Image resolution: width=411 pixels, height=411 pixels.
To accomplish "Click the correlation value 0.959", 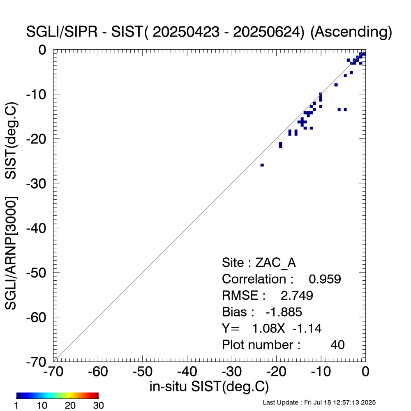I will (325, 279).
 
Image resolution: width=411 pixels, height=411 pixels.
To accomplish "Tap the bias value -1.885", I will (284, 312).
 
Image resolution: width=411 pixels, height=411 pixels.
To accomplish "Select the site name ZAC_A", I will (276, 263).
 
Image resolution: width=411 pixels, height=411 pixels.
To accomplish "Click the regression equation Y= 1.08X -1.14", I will (271, 328).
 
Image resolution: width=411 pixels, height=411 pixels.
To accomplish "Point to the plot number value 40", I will (337, 345).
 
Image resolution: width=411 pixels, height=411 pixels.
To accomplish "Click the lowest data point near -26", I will (262, 165).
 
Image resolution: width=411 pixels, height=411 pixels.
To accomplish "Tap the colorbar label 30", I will (98, 406).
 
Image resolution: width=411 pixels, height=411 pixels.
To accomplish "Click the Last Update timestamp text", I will (319, 402).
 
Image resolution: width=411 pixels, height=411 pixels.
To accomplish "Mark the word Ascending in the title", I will (349, 32).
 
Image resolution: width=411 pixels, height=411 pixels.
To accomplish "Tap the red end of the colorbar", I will (96, 395).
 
